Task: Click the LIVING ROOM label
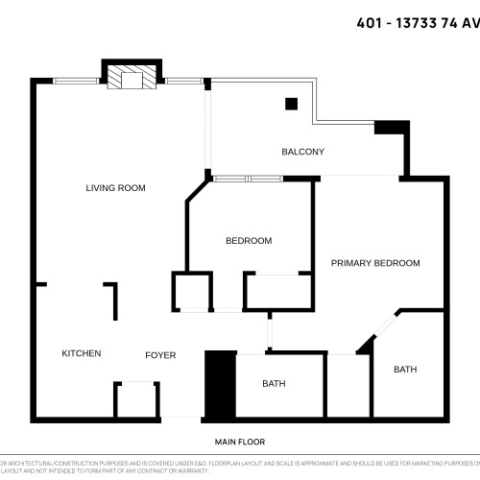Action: pyautogui.click(x=115, y=188)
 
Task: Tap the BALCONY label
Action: pyautogui.click(x=302, y=152)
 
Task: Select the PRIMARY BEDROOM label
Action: pyautogui.click(x=375, y=263)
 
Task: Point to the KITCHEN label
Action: pyautogui.click(x=82, y=353)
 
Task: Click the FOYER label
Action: pyautogui.click(x=160, y=355)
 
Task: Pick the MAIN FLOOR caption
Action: pyautogui.click(x=239, y=442)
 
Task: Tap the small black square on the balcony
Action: pyautogui.click(x=291, y=104)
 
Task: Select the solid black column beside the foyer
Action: pyautogui.click(x=221, y=385)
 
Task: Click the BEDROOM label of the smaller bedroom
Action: pyautogui.click(x=249, y=241)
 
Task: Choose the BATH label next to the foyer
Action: pyautogui.click(x=274, y=384)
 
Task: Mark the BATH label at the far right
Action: pyautogui.click(x=405, y=370)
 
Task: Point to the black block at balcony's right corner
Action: pyautogui.click(x=391, y=128)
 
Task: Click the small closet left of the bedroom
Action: pyautogui.click(x=191, y=291)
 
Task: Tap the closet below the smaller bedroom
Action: pyautogui.click(x=278, y=292)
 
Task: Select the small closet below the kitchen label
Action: pyautogui.click(x=135, y=400)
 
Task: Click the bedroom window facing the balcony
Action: pyautogui.click(x=247, y=179)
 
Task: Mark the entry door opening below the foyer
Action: pyautogui.click(x=181, y=419)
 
